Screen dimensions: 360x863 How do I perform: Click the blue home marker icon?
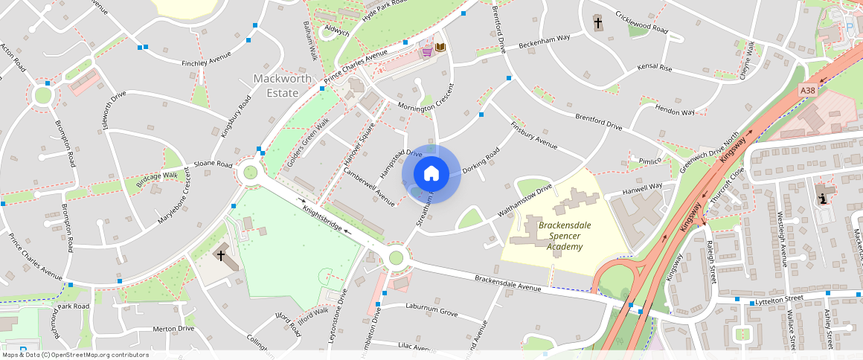[x=431, y=174]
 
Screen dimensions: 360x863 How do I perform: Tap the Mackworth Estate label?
[x=275, y=86]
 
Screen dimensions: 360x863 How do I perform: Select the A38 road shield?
[x=808, y=90]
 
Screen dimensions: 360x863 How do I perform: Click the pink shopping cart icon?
[x=427, y=51]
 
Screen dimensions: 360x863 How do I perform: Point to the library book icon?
[x=440, y=48]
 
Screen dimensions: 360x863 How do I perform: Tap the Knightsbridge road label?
[x=332, y=219]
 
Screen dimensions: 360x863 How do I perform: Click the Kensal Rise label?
[x=655, y=68]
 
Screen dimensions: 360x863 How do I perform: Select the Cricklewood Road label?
[x=640, y=22]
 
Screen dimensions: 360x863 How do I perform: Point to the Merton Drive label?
[x=173, y=328]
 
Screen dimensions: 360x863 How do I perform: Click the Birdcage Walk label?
[x=158, y=179]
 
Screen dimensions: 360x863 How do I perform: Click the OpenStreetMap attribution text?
[x=75, y=355]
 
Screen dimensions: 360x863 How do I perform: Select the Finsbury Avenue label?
[x=534, y=134]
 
